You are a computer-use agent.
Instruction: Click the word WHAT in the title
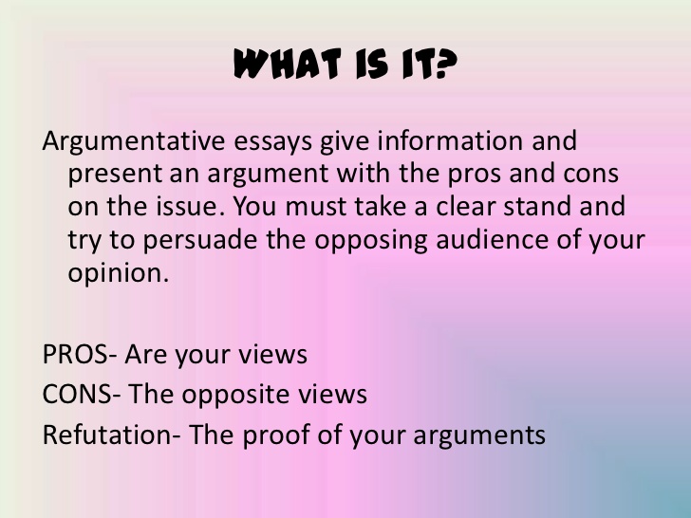288,64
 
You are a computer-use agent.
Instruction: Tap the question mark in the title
446,64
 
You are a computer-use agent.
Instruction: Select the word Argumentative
134,142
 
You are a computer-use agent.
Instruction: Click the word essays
272,142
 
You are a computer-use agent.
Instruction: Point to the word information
450,140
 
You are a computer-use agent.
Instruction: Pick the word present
115,175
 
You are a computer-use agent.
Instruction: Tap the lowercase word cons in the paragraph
591,174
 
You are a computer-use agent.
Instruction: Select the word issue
191,206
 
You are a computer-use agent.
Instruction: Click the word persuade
200,241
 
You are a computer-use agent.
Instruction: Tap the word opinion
119,274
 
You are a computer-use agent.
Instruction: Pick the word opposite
235,395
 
